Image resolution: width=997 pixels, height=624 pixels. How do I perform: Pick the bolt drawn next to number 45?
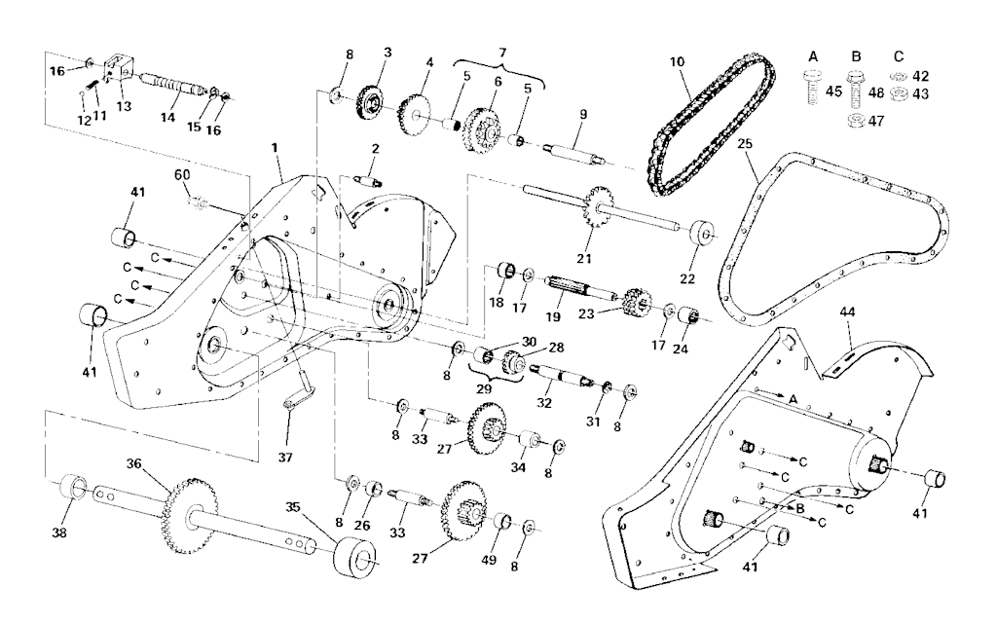click(812, 89)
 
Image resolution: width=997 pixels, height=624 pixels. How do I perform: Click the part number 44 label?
click(848, 312)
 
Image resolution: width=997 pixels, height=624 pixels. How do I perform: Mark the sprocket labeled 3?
click(369, 102)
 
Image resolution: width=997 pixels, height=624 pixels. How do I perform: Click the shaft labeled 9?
click(572, 156)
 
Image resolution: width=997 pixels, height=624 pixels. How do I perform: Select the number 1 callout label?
click(275, 147)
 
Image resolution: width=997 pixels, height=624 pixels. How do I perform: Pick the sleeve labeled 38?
click(75, 489)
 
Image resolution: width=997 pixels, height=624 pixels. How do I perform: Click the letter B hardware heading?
click(856, 56)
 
